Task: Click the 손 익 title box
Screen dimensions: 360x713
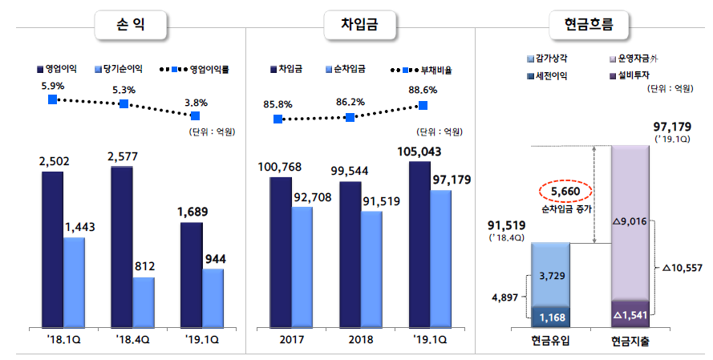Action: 132,26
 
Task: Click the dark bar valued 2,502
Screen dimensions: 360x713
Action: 52,249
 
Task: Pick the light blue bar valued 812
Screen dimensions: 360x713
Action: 143,301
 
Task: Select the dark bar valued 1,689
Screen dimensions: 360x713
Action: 191,274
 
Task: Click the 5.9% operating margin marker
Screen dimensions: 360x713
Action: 53,99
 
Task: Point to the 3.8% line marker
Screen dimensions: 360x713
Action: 196,116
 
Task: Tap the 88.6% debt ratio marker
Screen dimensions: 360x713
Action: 423,105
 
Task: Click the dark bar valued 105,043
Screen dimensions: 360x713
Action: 419,245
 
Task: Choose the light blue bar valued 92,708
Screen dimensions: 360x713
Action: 302,266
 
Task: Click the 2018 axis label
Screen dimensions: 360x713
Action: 350,339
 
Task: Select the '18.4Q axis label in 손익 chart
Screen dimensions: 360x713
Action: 132,339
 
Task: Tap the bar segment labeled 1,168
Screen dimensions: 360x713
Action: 550,316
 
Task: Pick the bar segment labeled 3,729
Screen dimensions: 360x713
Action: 550,274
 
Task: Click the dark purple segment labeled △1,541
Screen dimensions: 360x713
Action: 630,313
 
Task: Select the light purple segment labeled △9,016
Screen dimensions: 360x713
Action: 630,222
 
